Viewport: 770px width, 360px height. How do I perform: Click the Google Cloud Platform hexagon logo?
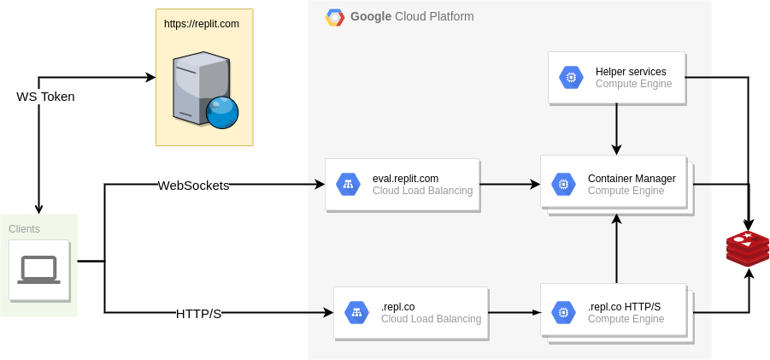coord(335,17)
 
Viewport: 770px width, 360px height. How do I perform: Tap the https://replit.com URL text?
coord(202,24)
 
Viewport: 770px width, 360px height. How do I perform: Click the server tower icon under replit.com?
coord(202,88)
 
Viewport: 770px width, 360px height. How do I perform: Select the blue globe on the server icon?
coord(222,112)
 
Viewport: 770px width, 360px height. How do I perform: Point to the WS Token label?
coord(46,97)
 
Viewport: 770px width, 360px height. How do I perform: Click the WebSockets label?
coord(193,186)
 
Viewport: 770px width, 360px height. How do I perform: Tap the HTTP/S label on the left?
coord(198,314)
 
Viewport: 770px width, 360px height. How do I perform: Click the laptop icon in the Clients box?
coord(38,269)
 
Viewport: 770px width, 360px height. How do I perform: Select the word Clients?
coord(24,229)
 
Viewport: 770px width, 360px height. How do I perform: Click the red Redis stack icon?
coord(747,248)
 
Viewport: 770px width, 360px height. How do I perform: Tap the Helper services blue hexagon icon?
coord(571,78)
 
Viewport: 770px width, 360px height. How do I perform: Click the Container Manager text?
coord(632,179)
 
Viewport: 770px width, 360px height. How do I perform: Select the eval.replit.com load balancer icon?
coord(348,184)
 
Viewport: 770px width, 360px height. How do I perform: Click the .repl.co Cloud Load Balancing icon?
coord(356,312)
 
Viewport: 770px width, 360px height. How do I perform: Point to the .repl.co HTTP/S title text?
coord(624,306)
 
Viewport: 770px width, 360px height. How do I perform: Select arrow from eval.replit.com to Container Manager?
coord(509,184)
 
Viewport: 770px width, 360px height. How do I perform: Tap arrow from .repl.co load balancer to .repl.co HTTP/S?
coord(514,313)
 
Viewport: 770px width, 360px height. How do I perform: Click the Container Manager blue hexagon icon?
coord(563,184)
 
